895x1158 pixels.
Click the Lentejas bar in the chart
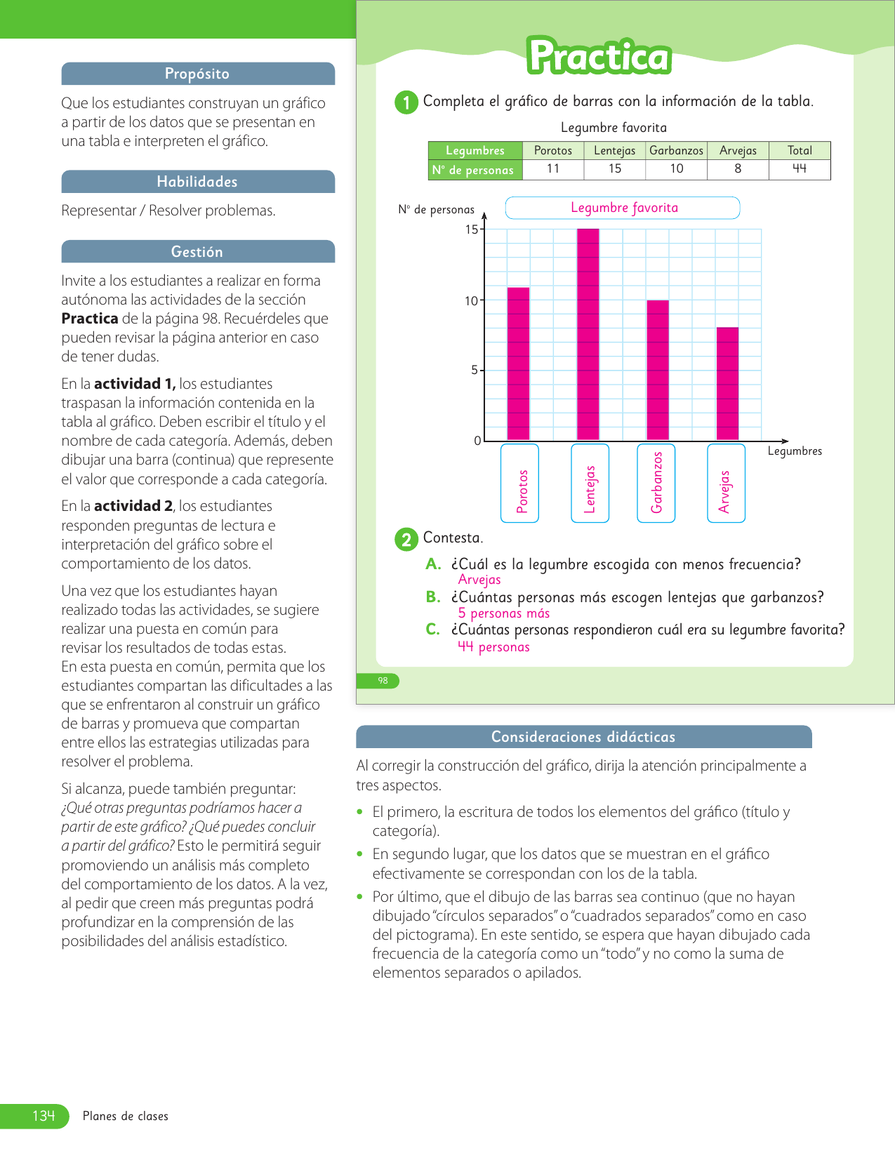588,335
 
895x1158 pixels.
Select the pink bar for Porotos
519,364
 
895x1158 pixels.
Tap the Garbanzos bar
658,370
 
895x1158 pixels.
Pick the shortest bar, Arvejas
727,384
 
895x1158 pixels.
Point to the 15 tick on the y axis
472,229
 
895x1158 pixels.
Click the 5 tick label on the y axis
475,370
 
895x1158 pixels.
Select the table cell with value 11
553,169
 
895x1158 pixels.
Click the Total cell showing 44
800,169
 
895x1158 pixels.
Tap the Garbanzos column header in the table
676,150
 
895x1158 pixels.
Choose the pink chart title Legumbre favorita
624,208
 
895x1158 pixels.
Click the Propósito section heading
197,74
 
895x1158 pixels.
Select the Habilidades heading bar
197,182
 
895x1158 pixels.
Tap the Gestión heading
197,252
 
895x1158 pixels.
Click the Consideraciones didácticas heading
583,737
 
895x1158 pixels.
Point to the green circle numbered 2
406,540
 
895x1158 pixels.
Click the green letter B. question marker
433,597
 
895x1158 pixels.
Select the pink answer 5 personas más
503,613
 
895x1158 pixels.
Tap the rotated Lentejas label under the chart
590,489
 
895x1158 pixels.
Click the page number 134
44,1116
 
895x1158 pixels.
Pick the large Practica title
599,57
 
